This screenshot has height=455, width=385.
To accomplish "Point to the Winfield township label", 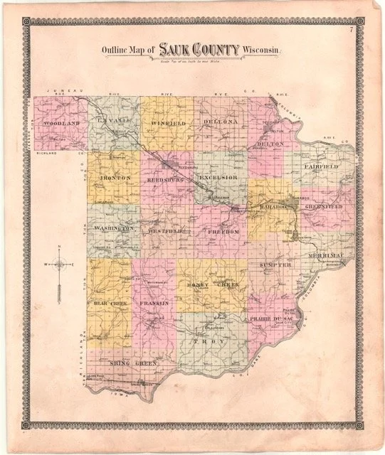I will tap(168, 123).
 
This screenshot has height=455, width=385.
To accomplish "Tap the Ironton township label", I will tap(115, 176).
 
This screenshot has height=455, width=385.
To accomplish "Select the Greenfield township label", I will tap(323, 206).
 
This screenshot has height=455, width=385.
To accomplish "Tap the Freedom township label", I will tap(221, 232).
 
